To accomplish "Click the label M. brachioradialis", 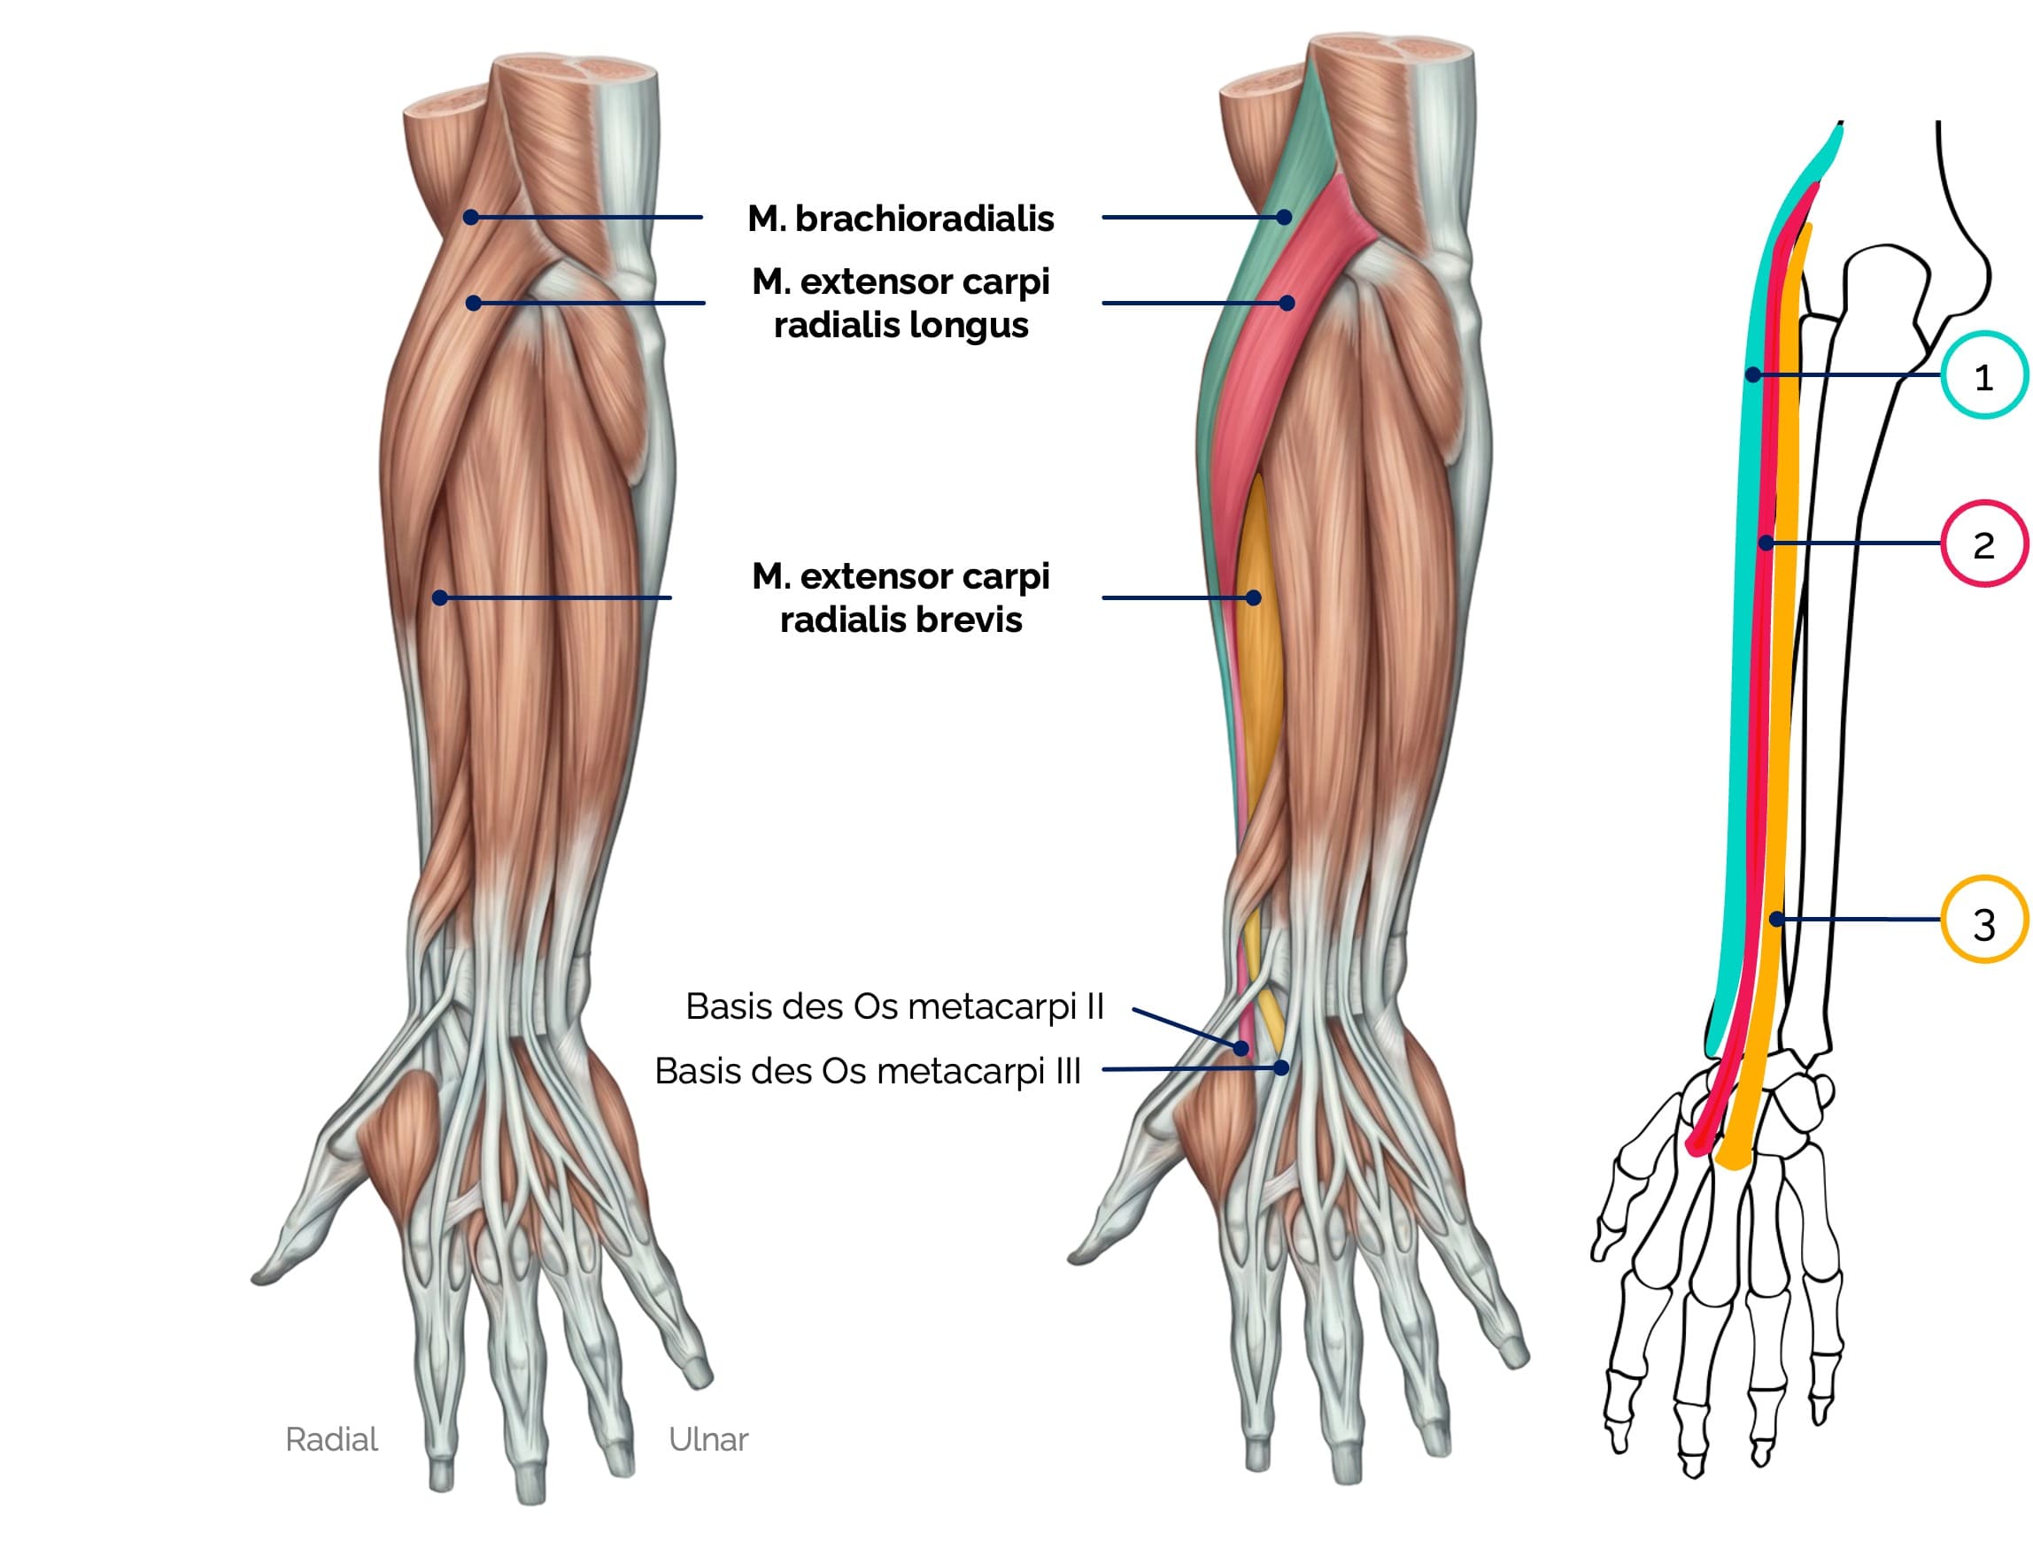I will click(x=901, y=219).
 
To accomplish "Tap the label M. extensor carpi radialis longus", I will click(x=901, y=304).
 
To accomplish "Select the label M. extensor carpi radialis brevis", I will click(x=901, y=598).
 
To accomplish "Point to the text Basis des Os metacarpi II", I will click(x=894, y=1007).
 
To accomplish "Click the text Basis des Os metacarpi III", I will click(x=868, y=1071).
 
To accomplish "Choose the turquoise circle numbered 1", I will click(x=1983, y=376).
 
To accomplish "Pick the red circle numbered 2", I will click(x=1983, y=544).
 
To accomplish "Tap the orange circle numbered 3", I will click(x=1983, y=920).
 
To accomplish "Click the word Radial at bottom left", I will click(x=332, y=1440).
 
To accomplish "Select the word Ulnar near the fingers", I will click(x=707, y=1440).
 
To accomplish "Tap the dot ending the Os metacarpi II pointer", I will click(x=1241, y=1048).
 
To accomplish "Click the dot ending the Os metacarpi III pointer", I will click(x=1281, y=1067).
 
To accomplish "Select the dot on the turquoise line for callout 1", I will click(x=1753, y=375).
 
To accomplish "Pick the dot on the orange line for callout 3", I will click(x=1776, y=919).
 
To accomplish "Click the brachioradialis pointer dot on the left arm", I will click(x=470, y=218).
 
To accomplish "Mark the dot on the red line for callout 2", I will click(x=1766, y=543).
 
